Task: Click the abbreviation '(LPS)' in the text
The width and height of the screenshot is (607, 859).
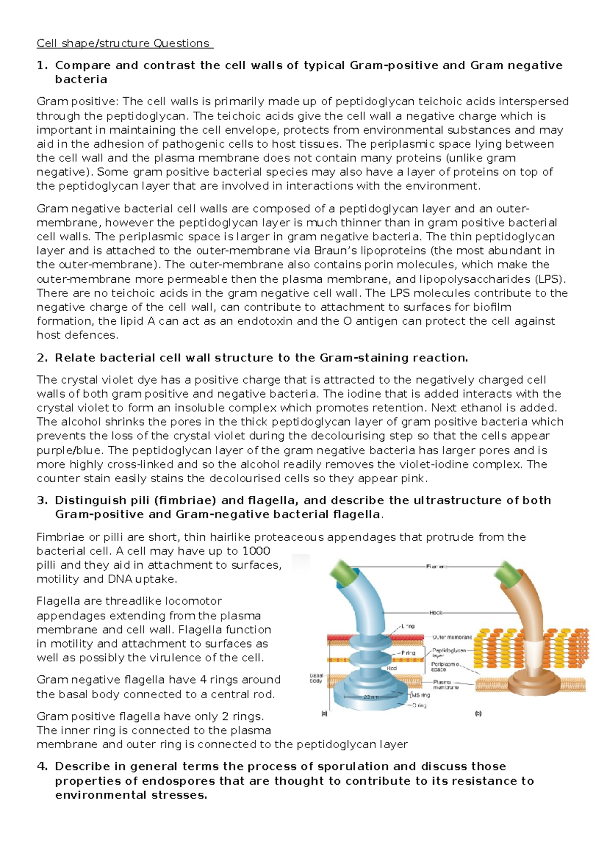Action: coord(550,279)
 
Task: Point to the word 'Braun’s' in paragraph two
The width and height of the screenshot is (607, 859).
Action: coord(334,251)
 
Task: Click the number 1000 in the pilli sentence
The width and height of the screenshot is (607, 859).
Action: coord(256,551)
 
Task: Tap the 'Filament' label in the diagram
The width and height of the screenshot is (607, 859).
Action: coord(437,567)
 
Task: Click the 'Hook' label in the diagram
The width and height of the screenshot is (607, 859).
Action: coord(436,613)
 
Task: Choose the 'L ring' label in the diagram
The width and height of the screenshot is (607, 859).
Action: coord(408,626)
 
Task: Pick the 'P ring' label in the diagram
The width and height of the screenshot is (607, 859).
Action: coord(408,653)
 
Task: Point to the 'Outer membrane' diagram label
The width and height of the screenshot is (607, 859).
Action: coord(452,637)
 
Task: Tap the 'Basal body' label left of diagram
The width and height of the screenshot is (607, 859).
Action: coord(316,678)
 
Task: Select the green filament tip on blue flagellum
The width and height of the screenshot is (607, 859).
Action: coord(343,574)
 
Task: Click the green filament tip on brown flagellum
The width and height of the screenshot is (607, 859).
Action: coord(506,574)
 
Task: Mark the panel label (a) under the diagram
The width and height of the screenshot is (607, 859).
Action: coord(324,714)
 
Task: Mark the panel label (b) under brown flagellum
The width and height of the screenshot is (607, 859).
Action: coord(478,714)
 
